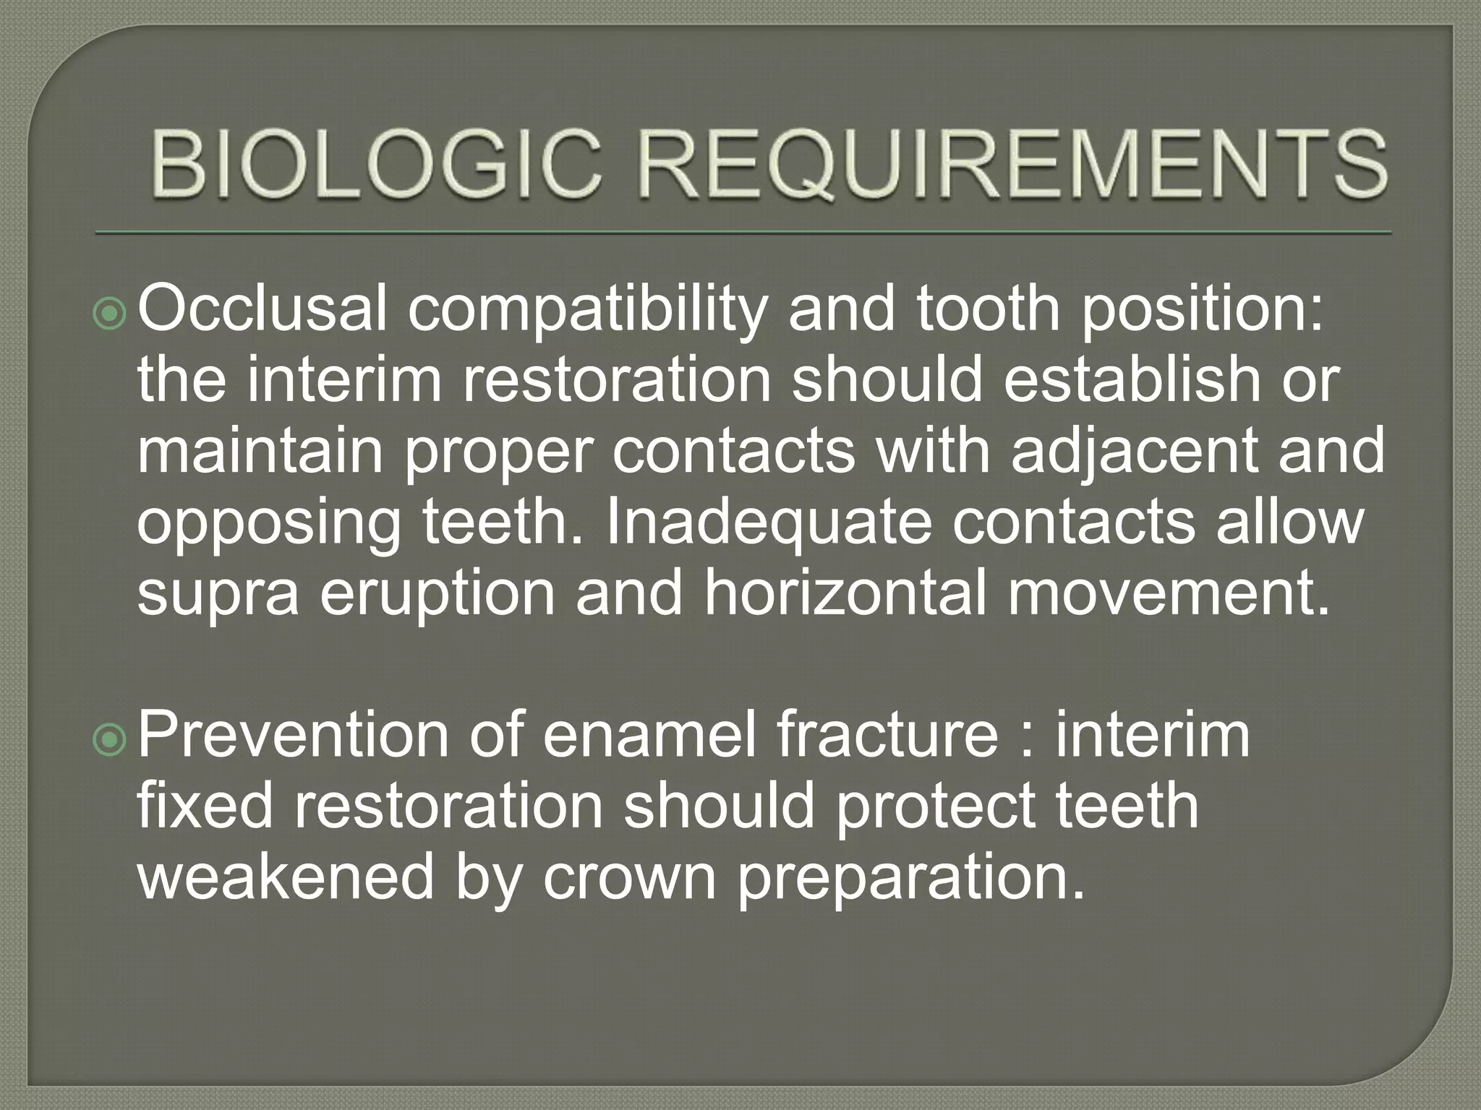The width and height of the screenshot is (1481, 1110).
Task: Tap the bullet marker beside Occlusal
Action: (110, 313)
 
